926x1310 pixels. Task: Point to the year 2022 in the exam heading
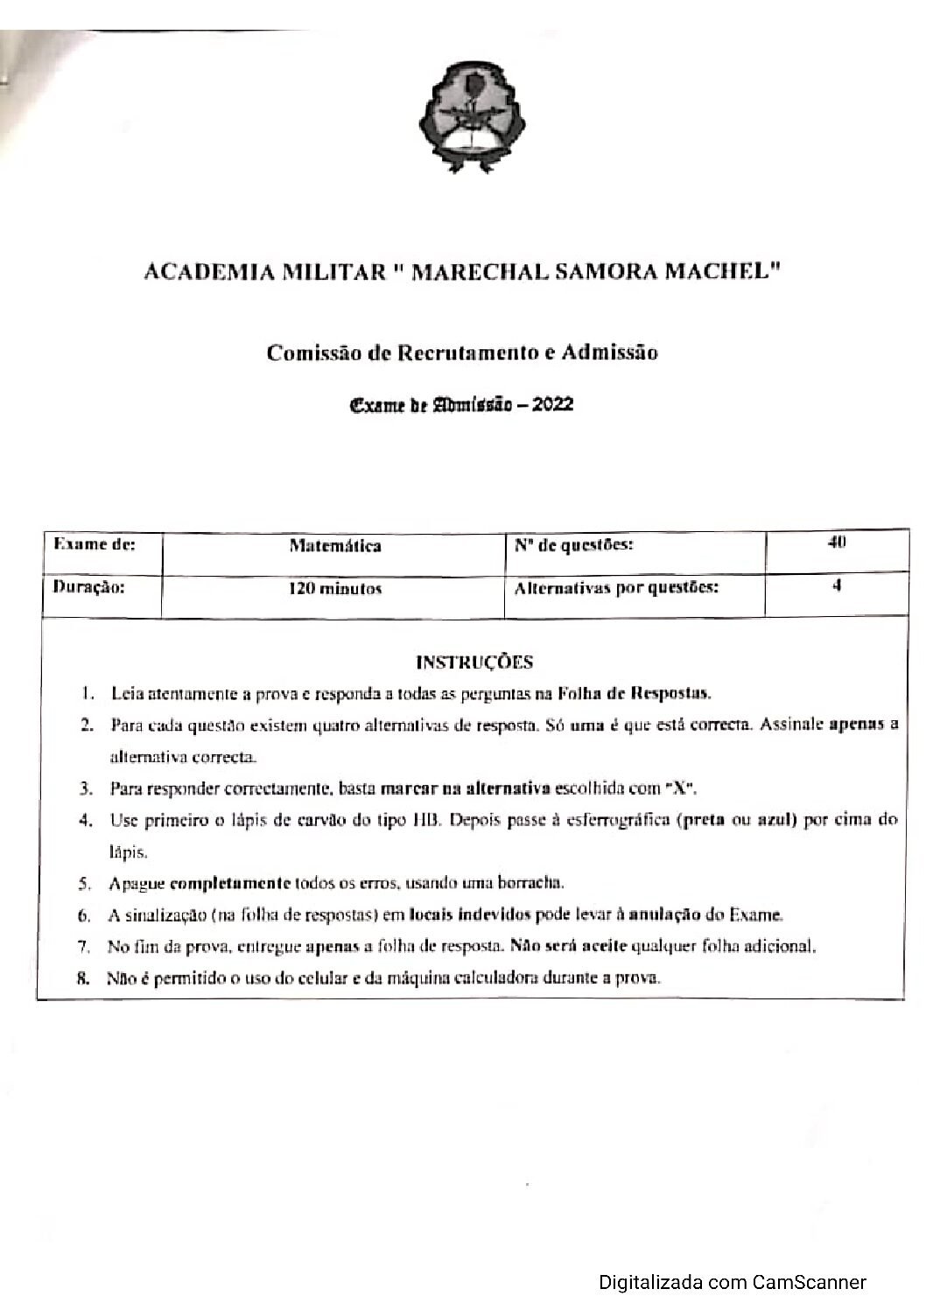[x=552, y=404]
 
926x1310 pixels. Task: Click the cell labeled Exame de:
[x=95, y=544]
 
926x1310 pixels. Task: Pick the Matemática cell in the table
[x=335, y=546]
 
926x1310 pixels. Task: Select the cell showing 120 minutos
[x=335, y=589]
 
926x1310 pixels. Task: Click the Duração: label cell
[x=89, y=587]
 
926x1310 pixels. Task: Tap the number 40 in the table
[x=836, y=543]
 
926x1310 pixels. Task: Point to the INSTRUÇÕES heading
[x=474, y=662]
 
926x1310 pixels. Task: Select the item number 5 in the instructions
[x=85, y=883]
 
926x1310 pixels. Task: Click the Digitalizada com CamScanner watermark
[x=733, y=1283]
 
